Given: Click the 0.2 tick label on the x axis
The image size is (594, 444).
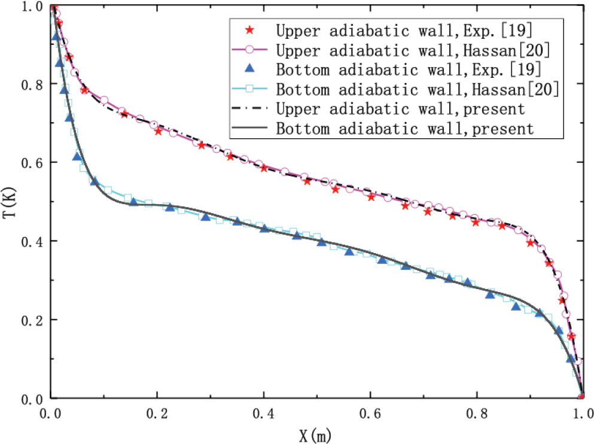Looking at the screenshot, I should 157,413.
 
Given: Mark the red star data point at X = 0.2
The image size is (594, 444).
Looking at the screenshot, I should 159,130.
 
